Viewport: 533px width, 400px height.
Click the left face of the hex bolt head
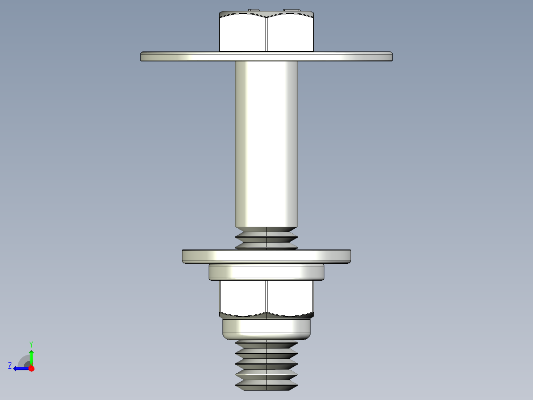[243, 34]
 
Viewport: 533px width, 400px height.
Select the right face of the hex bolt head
[290, 34]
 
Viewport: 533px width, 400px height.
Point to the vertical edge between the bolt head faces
[266, 34]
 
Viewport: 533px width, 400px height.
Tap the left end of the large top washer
[143, 56]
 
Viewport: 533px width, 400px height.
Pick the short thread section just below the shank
[266, 238]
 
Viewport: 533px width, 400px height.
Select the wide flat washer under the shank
[266, 256]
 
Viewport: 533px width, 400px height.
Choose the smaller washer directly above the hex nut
[266, 272]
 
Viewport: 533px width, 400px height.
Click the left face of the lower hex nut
[243, 297]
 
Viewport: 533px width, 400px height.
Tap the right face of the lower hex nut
[290, 297]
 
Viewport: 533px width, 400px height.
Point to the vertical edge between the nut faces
[266, 297]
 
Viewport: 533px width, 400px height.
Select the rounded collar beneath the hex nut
[266, 328]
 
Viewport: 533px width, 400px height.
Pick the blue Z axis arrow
[20, 368]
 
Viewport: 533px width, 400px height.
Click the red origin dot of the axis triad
[31, 368]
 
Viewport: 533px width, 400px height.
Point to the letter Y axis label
[31, 344]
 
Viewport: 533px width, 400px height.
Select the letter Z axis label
[10, 366]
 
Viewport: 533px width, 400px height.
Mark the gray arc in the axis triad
[23, 360]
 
